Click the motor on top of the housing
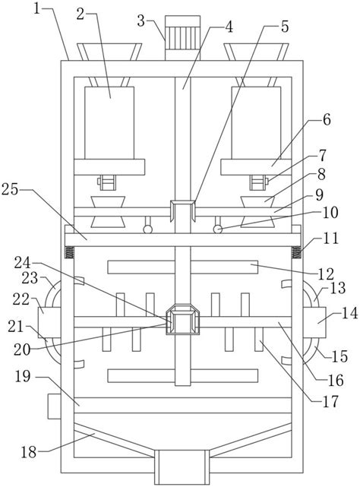182,38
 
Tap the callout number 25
10,189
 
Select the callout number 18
29,452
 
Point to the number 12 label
326,274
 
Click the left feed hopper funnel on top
109,52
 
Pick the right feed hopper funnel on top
257,52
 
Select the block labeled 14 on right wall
314,322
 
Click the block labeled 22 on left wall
49,322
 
